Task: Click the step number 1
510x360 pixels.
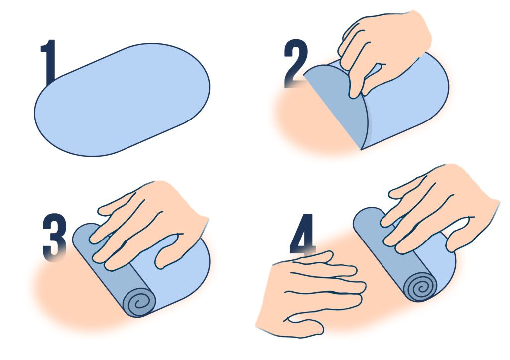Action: pyautogui.click(x=49, y=62)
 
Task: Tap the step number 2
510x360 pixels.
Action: pyautogui.click(x=296, y=63)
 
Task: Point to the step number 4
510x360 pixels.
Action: pyautogui.click(x=302, y=234)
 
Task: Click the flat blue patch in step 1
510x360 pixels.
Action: pyautogui.click(x=122, y=100)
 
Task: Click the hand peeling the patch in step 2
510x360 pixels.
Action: pyautogui.click(x=384, y=49)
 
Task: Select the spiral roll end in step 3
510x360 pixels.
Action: pyautogui.click(x=139, y=302)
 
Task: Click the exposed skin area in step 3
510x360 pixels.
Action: pyautogui.click(x=78, y=293)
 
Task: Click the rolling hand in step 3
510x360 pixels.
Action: pyautogui.click(x=149, y=225)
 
